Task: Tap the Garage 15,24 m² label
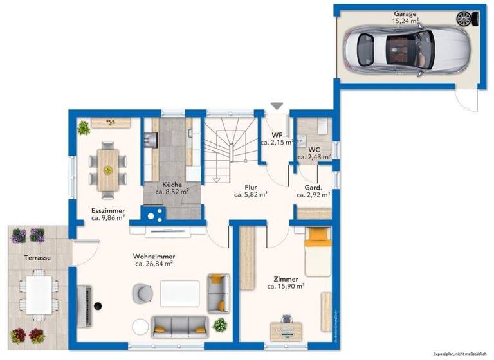click(405, 17)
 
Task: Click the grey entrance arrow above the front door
click(277, 105)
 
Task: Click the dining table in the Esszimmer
click(107, 169)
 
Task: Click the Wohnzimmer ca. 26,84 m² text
click(154, 259)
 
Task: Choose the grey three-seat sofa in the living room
click(179, 325)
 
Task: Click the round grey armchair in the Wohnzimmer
click(142, 293)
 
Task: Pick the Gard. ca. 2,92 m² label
click(313, 190)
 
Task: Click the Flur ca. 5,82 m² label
click(251, 190)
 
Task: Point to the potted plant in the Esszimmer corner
click(84, 128)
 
